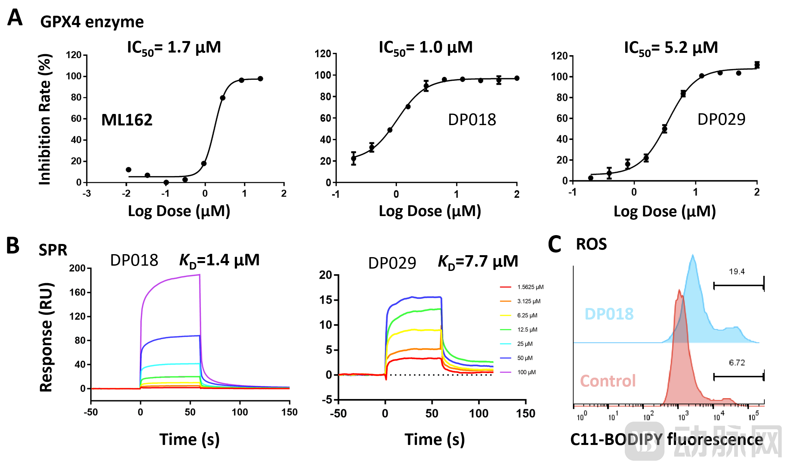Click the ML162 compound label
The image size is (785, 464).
click(x=127, y=120)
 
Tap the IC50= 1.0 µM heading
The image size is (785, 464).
click(x=425, y=48)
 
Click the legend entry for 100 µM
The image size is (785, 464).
click(x=526, y=372)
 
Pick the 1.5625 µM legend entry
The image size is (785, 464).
click(x=530, y=287)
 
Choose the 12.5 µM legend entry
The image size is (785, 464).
click(x=527, y=329)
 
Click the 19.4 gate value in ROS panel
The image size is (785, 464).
click(x=737, y=272)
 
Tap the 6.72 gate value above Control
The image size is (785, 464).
click(x=737, y=363)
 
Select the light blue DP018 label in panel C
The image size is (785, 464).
click(x=609, y=314)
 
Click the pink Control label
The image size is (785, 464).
click(x=608, y=381)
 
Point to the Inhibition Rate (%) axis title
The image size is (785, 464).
click(x=45, y=120)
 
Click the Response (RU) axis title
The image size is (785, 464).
click(x=46, y=337)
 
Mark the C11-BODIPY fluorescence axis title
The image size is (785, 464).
click(x=666, y=439)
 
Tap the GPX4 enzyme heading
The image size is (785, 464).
click(x=92, y=22)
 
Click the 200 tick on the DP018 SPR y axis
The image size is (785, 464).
click(x=77, y=268)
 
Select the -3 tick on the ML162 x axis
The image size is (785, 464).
click(x=87, y=193)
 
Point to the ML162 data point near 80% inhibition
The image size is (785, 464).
click(x=223, y=98)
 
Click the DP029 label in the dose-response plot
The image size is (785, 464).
click(x=721, y=120)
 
